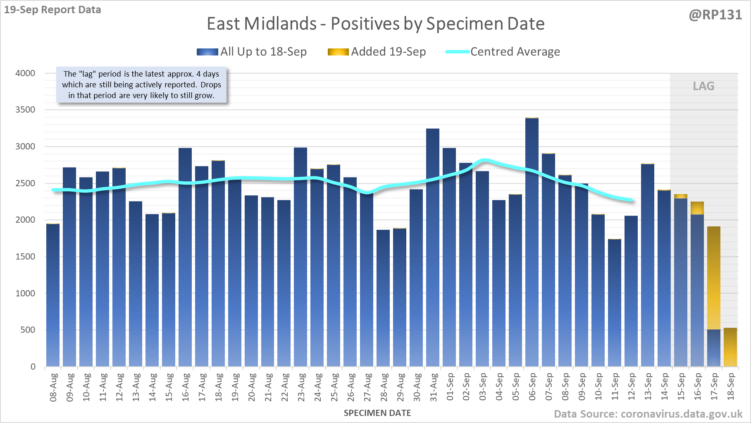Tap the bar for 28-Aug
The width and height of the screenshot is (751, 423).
pos(383,298)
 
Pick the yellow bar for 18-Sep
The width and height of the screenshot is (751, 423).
pos(730,347)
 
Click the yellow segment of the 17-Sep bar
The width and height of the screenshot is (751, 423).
pos(714,278)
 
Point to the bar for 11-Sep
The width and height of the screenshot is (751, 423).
pos(615,303)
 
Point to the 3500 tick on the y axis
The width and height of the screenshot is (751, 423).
pos(25,110)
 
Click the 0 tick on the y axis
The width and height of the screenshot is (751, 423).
pos(33,367)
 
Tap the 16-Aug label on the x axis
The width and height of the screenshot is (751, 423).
pos(186,387)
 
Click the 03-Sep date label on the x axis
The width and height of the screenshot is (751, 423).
pos(483,387)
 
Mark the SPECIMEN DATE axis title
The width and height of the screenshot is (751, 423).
pos(377,413)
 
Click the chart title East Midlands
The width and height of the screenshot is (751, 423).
pos(375,24)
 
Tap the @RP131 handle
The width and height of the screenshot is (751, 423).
pos(715,15)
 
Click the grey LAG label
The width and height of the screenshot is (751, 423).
pos(703,86)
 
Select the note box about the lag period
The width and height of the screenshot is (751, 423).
pos(141,85)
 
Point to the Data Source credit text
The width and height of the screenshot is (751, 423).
pos(648,414)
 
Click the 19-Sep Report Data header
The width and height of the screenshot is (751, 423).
pos(52,10)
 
